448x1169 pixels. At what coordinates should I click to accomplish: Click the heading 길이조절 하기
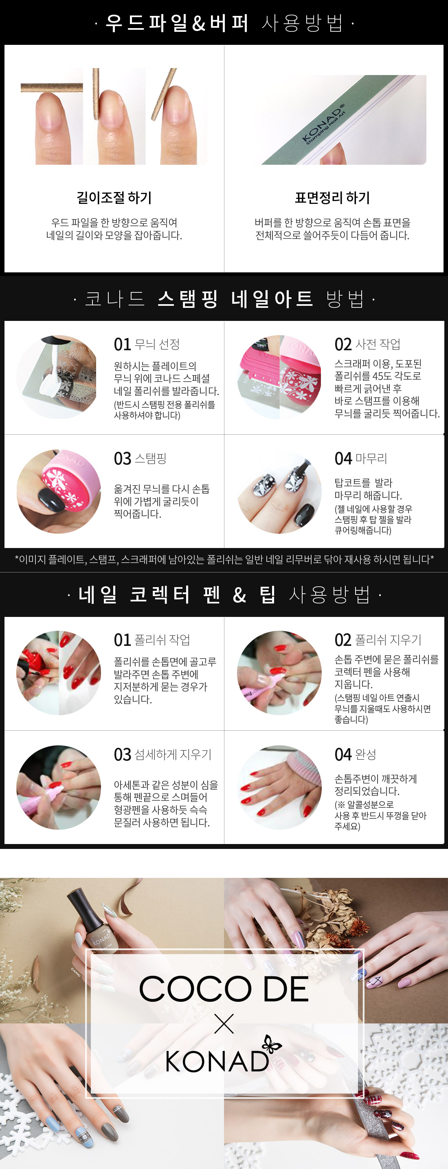point(114,197)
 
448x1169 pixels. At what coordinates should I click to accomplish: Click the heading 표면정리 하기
point(332,197)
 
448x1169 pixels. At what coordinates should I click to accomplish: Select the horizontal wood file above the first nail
point(52,88)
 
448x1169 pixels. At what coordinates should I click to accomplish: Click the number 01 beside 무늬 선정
point(123,345)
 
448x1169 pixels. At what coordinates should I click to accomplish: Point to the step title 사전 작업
point(378,344)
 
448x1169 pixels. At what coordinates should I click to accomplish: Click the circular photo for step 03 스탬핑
point(59,491)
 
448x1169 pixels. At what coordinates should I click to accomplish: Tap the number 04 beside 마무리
point(343,458)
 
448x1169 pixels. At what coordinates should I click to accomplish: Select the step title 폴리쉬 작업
point(162,639)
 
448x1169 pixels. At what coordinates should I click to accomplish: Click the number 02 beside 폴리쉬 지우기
point(343,640)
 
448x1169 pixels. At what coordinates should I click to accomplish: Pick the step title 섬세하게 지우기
point(173,754)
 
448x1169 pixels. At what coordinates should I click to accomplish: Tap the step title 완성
point(365,754)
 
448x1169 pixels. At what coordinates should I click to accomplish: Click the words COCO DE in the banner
point(224,989)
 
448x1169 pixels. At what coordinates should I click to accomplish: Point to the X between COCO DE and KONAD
point(224,1024)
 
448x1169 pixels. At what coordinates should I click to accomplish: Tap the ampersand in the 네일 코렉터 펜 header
point(239,595)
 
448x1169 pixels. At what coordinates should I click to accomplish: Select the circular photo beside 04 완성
point(279,787)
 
